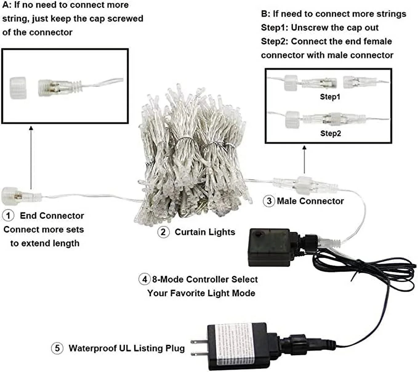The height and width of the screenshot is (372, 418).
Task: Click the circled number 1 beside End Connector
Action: tap(8, 215)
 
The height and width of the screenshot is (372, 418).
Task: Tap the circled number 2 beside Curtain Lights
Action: tap(163, 232)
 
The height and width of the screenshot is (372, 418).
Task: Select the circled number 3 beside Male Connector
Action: tap(269, 201)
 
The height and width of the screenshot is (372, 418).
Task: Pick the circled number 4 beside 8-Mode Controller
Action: tap(144, 279)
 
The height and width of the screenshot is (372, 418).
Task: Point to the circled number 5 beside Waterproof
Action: tap(57, 348)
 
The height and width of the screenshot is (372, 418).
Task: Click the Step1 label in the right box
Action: tap(330, 97)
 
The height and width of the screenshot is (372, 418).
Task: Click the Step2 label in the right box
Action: tap(330, 133)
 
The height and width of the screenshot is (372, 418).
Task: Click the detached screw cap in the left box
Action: tap(18, 88)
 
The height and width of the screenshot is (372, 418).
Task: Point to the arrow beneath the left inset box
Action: tap(31, 157)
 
